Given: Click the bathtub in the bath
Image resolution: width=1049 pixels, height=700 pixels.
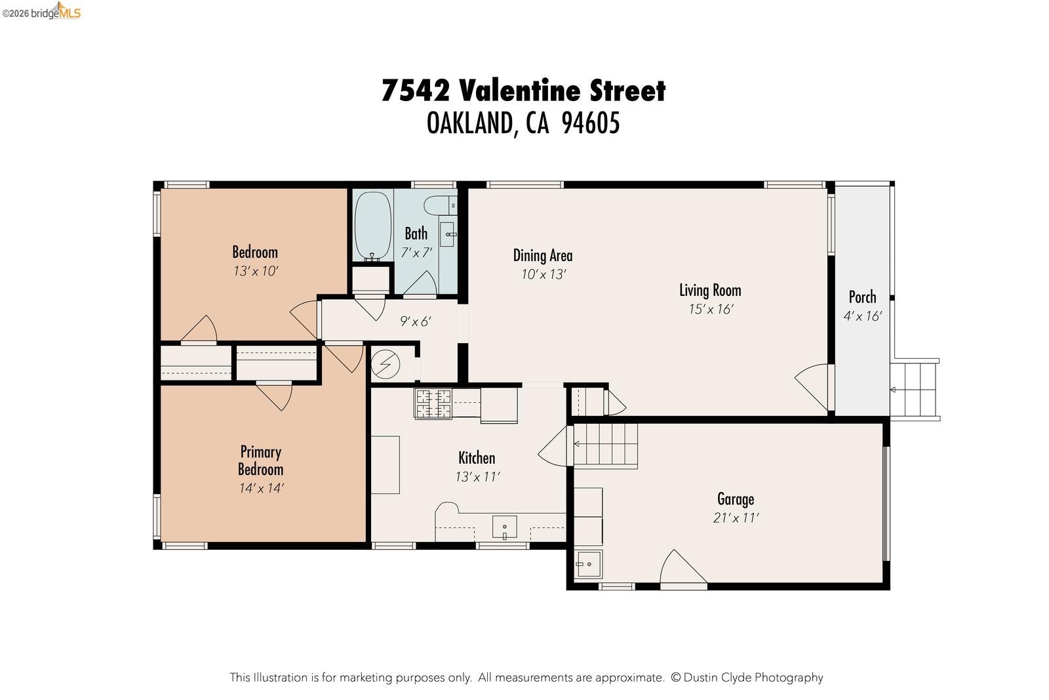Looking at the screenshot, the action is [373, 226].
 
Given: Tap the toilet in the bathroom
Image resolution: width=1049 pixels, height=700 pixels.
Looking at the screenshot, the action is [440, 205].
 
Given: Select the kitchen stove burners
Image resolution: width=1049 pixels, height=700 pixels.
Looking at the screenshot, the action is [433, 403].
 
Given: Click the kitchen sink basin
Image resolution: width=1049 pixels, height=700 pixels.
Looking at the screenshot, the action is [504, 527].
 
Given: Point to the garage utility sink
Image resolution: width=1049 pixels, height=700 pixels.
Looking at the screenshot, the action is [588, 564].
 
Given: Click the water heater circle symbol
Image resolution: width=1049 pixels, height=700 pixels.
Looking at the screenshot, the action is [386, 364].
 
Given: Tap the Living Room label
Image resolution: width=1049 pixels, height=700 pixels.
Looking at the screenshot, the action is [710, 290].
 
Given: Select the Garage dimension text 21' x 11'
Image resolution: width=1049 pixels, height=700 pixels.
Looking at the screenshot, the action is [736, 518].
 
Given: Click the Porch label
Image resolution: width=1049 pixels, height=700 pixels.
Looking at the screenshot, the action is [862, 297].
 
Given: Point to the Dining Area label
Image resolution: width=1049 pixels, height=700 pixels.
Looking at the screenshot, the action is [543, 255].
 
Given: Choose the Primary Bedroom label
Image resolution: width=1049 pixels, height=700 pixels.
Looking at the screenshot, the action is [260, 460].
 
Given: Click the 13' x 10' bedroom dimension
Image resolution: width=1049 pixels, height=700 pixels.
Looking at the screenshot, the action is [256, 271].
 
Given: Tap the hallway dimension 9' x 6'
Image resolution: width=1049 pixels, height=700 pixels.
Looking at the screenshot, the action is [416, 321].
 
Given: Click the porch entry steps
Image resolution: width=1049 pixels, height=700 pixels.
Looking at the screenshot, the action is [915, 389].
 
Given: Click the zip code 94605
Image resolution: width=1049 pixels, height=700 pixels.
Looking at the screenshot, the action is [591, 123].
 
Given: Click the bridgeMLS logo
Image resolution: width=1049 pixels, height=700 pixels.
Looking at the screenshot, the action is [41, 11].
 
